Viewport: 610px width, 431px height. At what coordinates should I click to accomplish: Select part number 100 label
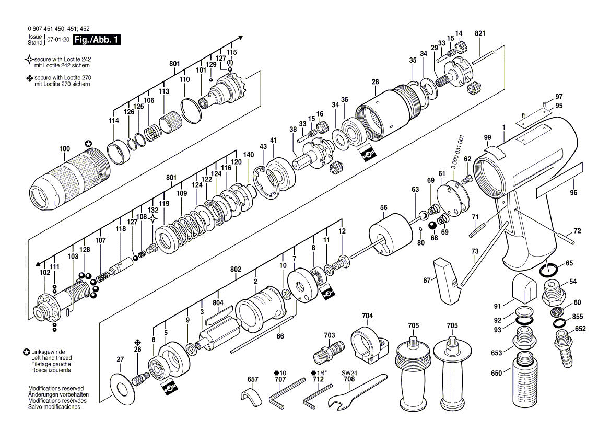point(64,149)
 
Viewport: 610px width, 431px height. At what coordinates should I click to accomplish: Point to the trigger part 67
point(445,281)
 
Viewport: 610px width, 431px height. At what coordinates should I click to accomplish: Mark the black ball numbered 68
point(432,225)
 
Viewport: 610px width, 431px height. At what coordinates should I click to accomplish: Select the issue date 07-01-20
point(58,40)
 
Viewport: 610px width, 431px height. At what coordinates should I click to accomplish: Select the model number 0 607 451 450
point(52,29)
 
